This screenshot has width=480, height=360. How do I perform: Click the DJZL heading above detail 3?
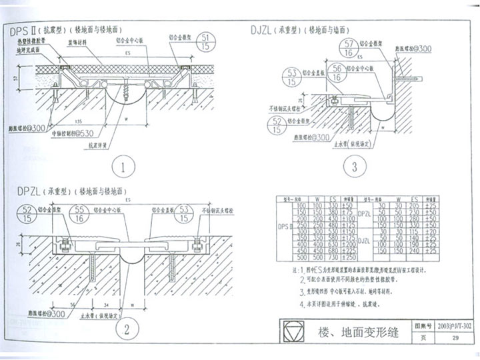[x=265, y=29]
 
